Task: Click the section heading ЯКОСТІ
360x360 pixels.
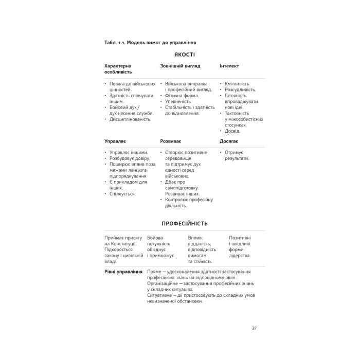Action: click(x=180, y=54)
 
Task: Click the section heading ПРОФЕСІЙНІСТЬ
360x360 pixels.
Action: click(x=179, y=224)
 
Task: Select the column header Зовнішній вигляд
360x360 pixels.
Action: click(x=180, y=66)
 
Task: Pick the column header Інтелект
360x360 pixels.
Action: click(x=229, y=66)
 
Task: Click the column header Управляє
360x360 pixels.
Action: click(x=115, y=140)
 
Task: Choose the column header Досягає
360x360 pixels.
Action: click(x=229, y=140)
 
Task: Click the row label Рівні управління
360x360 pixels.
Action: click(x=123, y=271)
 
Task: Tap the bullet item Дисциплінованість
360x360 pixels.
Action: click(x=130, y=119)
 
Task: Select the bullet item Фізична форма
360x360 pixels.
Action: click(x=182, y=95)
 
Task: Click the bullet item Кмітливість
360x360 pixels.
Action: click(x=238, y=83)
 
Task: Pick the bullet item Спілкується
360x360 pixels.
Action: click(x=122, y=194)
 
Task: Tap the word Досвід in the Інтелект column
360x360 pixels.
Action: click(x=233, y=131)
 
